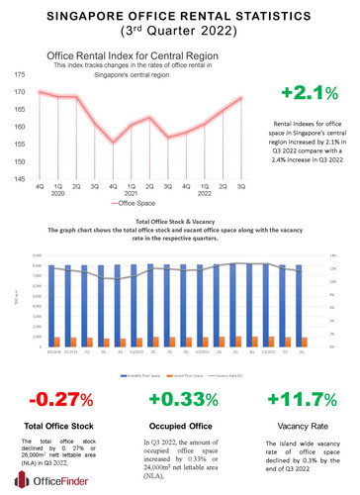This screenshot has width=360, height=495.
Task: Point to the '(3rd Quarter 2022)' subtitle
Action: click(x=179, y=33)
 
